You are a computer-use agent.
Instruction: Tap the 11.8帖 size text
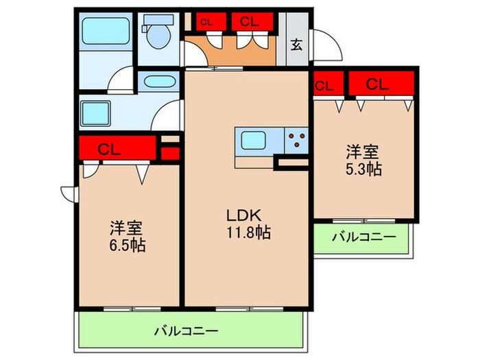pyautogui.click(x=248, y=232)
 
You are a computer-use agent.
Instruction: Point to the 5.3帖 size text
pyautogui.click(x=363, y=168)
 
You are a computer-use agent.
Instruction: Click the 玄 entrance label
pyautogui.click(x=296, y=47)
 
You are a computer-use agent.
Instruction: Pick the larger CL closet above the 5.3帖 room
pyautogui.click(x=381, y=84)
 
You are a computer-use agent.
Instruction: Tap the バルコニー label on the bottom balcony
pyautogui.click(x=188, y=331)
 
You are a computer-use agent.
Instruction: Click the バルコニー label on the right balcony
pyautogui.click(x=365, y=238)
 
